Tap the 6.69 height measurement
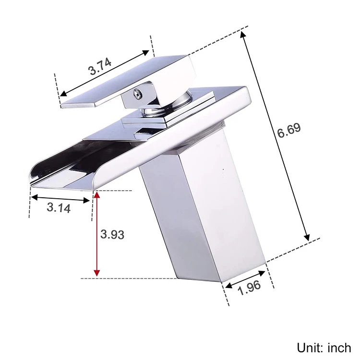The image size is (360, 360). tap(289, 130)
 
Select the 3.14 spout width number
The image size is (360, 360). tap(59, 207)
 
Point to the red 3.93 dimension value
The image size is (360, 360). tap(112, 234)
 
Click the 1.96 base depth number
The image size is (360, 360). tap(249, 288)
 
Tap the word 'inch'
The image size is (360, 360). tap(339, 348)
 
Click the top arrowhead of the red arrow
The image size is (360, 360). tap(97, 195)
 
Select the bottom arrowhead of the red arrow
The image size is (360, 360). tap(97, 273)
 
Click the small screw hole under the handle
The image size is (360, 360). tap(137, 93)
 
